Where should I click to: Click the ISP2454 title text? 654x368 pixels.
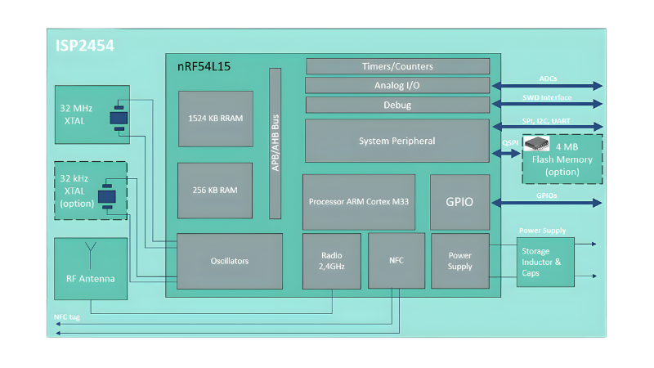pos(86,46)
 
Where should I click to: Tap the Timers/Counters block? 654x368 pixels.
pos(397,66)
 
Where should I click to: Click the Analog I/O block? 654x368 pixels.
pos(397,85)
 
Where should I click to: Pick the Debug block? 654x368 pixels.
pos(397,105)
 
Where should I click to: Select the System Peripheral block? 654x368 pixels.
pos(397,141)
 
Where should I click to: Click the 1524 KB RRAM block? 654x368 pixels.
pos(216,118)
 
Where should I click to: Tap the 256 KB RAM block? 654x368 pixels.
pos(216,190)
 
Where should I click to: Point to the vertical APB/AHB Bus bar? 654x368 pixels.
pos(275,143)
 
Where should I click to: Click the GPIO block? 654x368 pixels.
pos(459,202)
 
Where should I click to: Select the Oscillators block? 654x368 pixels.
pos(230,261)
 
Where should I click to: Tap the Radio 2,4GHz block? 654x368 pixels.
pos(332,261)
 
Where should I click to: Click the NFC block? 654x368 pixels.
pos(396,261)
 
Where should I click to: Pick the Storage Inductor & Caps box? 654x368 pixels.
pos(545,262)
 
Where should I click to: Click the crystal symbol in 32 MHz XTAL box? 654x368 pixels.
pos(119,119)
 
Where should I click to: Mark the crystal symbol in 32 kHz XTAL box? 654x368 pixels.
pos(106,198)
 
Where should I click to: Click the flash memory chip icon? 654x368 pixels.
pos(536,144)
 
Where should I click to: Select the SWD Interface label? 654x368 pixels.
pos(547,97)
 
